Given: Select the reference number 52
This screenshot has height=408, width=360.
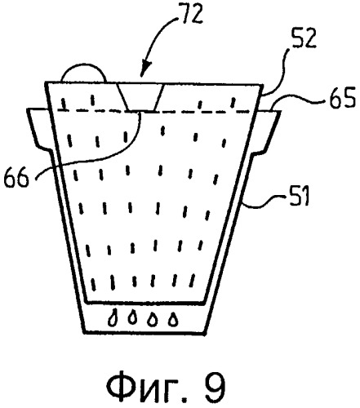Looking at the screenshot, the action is pos(304,39).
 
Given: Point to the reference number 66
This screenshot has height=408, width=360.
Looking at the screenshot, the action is pos(16,177).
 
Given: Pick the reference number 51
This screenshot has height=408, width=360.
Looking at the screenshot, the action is pos(297,197).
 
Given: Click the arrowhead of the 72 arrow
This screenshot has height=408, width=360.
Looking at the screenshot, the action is pos(147,69).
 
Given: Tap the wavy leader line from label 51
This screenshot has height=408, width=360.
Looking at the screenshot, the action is pos(263,202).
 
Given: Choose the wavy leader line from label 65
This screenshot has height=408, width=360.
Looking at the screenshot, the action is pos(298,100).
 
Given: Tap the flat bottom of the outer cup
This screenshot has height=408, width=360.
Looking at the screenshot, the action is pos(144,333).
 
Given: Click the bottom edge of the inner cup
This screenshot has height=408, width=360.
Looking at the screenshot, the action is pos(144,302).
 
